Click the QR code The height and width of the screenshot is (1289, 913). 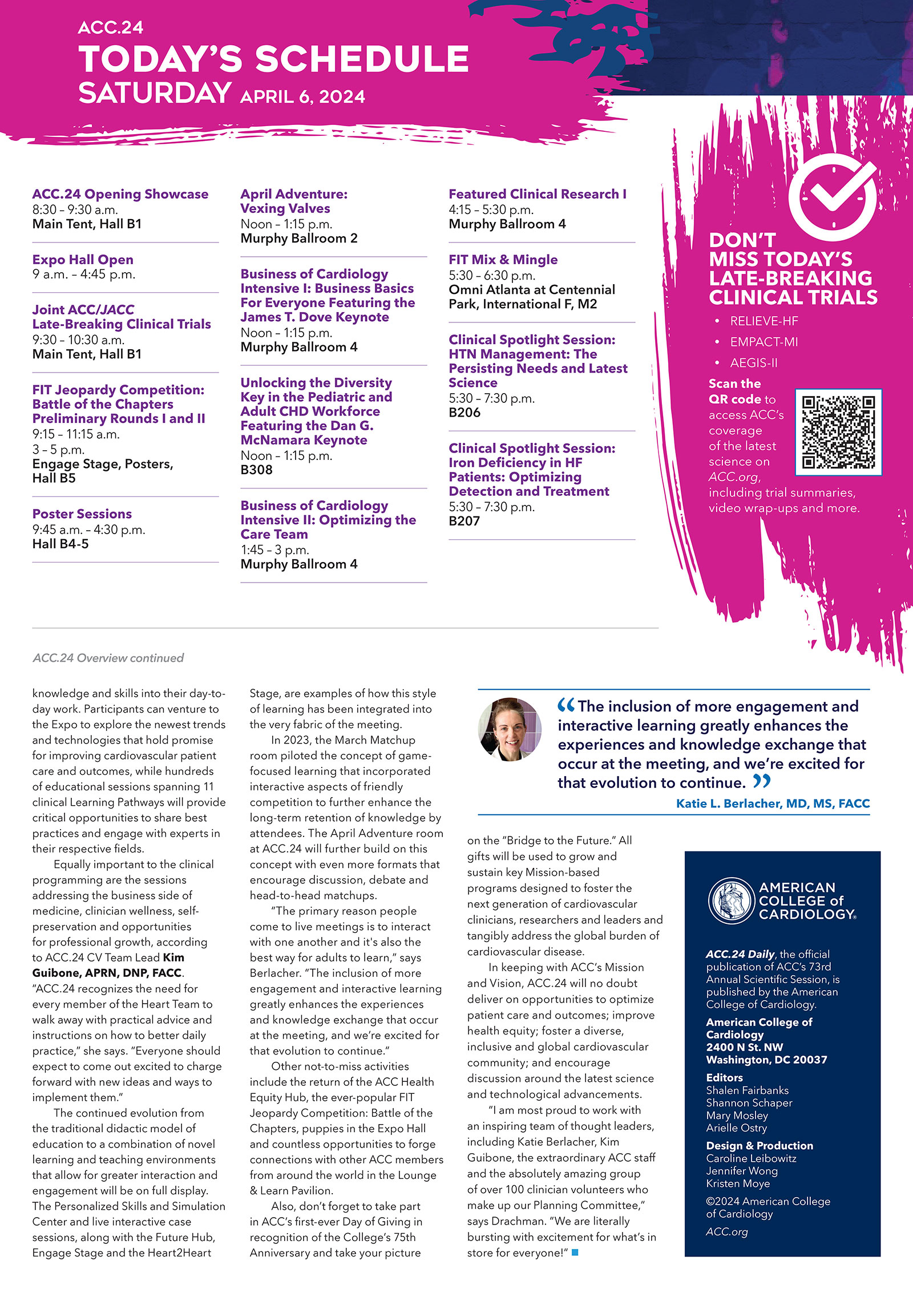pos(838,433)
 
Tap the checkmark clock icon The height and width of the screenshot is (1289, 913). pos(833,199)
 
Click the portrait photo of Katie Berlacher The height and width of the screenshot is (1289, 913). pos(510,729)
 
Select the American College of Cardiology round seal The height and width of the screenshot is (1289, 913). pos(731,900)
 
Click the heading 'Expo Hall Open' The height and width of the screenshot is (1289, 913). pos(83,260)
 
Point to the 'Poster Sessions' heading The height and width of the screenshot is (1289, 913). pos(82,514)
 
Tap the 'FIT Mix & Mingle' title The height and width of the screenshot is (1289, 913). pos(503,260)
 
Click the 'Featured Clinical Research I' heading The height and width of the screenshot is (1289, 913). pos(537,194)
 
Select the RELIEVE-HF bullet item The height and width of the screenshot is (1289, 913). pos(763,321)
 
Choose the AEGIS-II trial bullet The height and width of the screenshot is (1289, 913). pos(753,363)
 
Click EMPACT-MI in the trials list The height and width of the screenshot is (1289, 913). pos(763,342)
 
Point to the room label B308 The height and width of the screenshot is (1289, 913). pos(256,470)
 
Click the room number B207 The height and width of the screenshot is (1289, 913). pos(464,521)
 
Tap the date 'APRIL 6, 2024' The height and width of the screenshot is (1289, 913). pos(302,96)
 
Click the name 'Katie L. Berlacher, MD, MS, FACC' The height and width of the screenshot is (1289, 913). pos(773,803)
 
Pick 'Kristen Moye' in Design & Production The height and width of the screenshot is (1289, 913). pos(738,1184)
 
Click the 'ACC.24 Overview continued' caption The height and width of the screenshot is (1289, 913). pos(108,658)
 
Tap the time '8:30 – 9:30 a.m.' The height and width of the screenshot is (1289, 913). pos(75,209)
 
